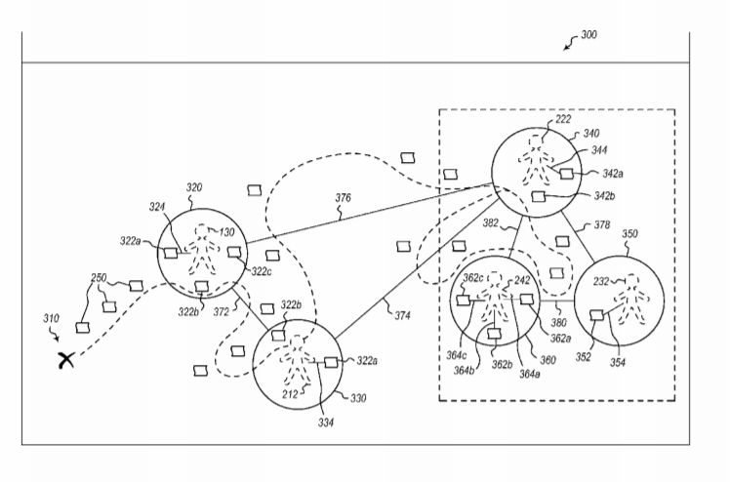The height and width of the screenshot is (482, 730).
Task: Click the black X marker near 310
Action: coord(66,360)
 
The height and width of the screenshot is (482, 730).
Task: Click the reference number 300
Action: coord(588,35)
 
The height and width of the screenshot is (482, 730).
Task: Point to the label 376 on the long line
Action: coord(344,198)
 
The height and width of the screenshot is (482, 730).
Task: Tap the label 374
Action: coord(403,315)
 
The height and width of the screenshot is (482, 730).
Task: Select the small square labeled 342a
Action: coord(566,174)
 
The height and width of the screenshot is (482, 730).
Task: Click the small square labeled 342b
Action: coord(538,196)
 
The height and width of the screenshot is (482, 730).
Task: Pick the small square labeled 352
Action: coord(596,315)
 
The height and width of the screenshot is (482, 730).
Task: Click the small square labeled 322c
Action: coord(233,252)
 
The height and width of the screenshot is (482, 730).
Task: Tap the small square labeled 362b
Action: coord(494,333)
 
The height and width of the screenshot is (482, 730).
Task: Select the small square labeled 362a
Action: coord(526,300)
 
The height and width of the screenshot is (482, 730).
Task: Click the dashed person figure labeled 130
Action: coord(202,250)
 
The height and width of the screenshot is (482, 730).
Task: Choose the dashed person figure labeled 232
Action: coord(630,301)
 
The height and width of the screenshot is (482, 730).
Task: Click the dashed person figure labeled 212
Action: coord(297,360)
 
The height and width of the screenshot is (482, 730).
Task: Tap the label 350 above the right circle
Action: coord(629,233)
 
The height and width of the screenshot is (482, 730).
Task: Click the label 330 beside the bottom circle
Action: coord(358,398)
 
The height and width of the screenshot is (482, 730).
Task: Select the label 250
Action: coord(99,278)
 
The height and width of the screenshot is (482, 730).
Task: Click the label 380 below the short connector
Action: coord(558,322)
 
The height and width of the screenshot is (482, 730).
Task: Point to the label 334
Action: coord(326,422)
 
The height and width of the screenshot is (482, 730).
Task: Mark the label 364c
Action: coord(457,355)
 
